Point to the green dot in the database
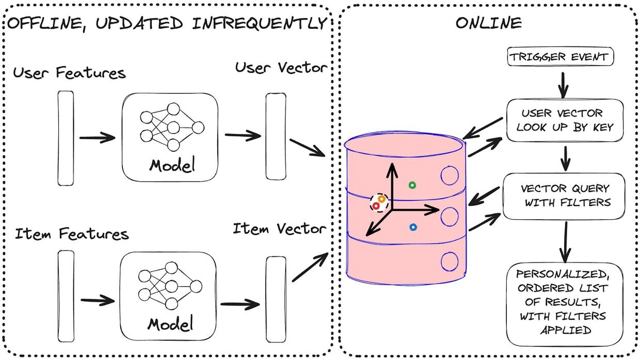tap(412, 185)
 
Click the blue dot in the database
tap(413, 227)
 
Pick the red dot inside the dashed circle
tap(376, 206)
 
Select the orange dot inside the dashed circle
tap(382, 199)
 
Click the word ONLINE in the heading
tap(489, 23)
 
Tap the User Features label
tap(69, 73)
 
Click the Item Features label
tap(72, 234)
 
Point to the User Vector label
tap(281, 68)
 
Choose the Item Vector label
tap(279, 228)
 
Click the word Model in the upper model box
tap(172, 165)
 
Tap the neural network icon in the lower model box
tap(170, 286)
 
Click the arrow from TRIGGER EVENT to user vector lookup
tap(563, 85)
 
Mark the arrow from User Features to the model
tap(97, 138)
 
